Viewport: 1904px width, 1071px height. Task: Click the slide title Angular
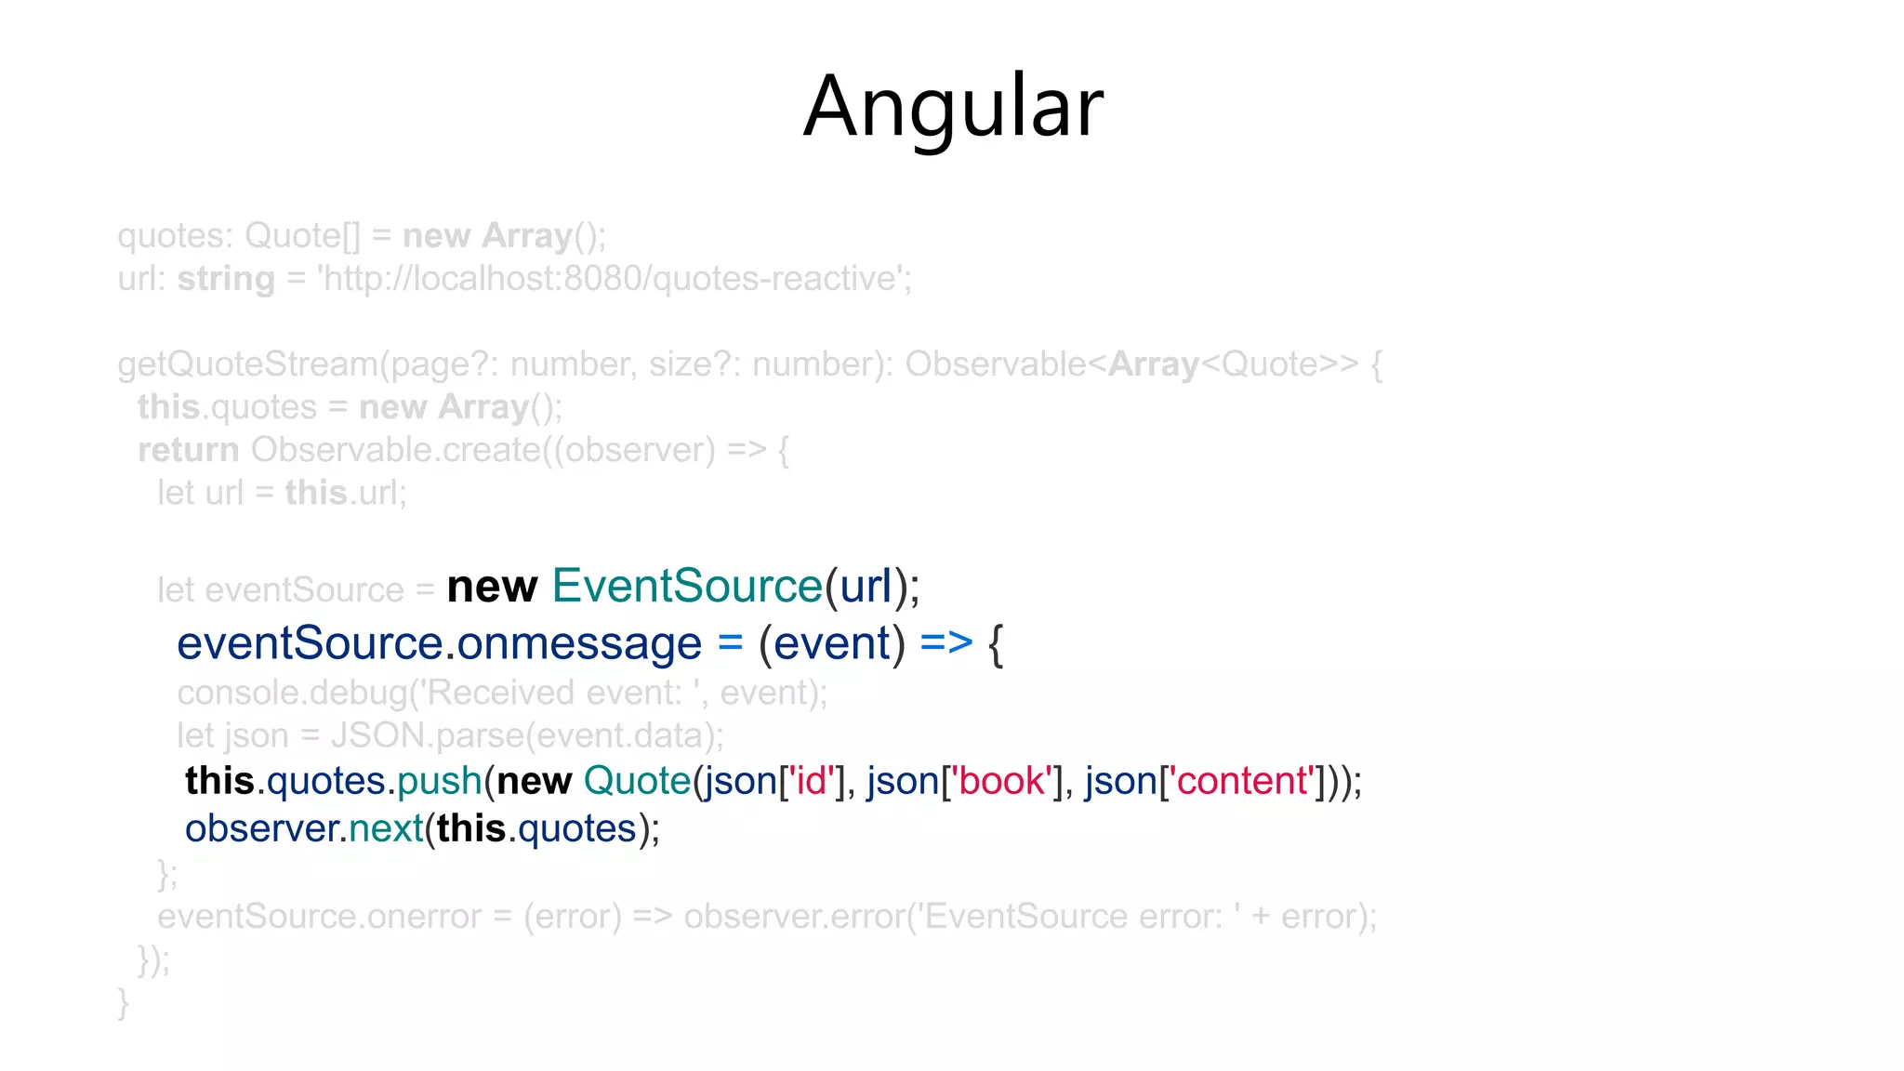pyautogui.click(x=953, y=107)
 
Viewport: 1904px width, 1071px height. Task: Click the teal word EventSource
pyautogui.click(x=687, y=587)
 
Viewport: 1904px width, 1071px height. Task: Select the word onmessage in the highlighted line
pyautogui.click(x=579, y=643)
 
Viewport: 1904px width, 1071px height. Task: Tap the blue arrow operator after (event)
pyautogui.click(x=946, y=643)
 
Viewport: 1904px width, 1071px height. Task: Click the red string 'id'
pyautogui.click(x=811, y=781)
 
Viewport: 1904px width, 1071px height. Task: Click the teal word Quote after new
pyautogui.click(x=637, y=781)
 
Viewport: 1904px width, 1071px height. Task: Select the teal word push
pyautogui.click(x=440, y=781)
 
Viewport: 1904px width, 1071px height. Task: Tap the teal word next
pyautogui.click(x=386, y=828)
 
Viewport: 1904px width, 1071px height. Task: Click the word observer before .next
pyautogui.click(x=261, y=828)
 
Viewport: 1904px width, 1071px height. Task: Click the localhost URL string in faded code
pyautogui.click(x=615, y=279)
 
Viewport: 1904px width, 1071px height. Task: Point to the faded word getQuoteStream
pyautogui.click(x=247, y=364)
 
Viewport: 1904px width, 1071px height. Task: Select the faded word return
pyautogui.click(x=189, y=450)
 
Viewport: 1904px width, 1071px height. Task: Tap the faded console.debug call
pyautogui.click(x=502, y=693)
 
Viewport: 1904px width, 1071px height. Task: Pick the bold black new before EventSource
pyautogui.click(x=492, y=587)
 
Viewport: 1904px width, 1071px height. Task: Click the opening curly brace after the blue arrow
pyautogui.click(x=996, y=643)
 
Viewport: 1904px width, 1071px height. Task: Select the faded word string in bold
pyautogui.click(x=226, y=279)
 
